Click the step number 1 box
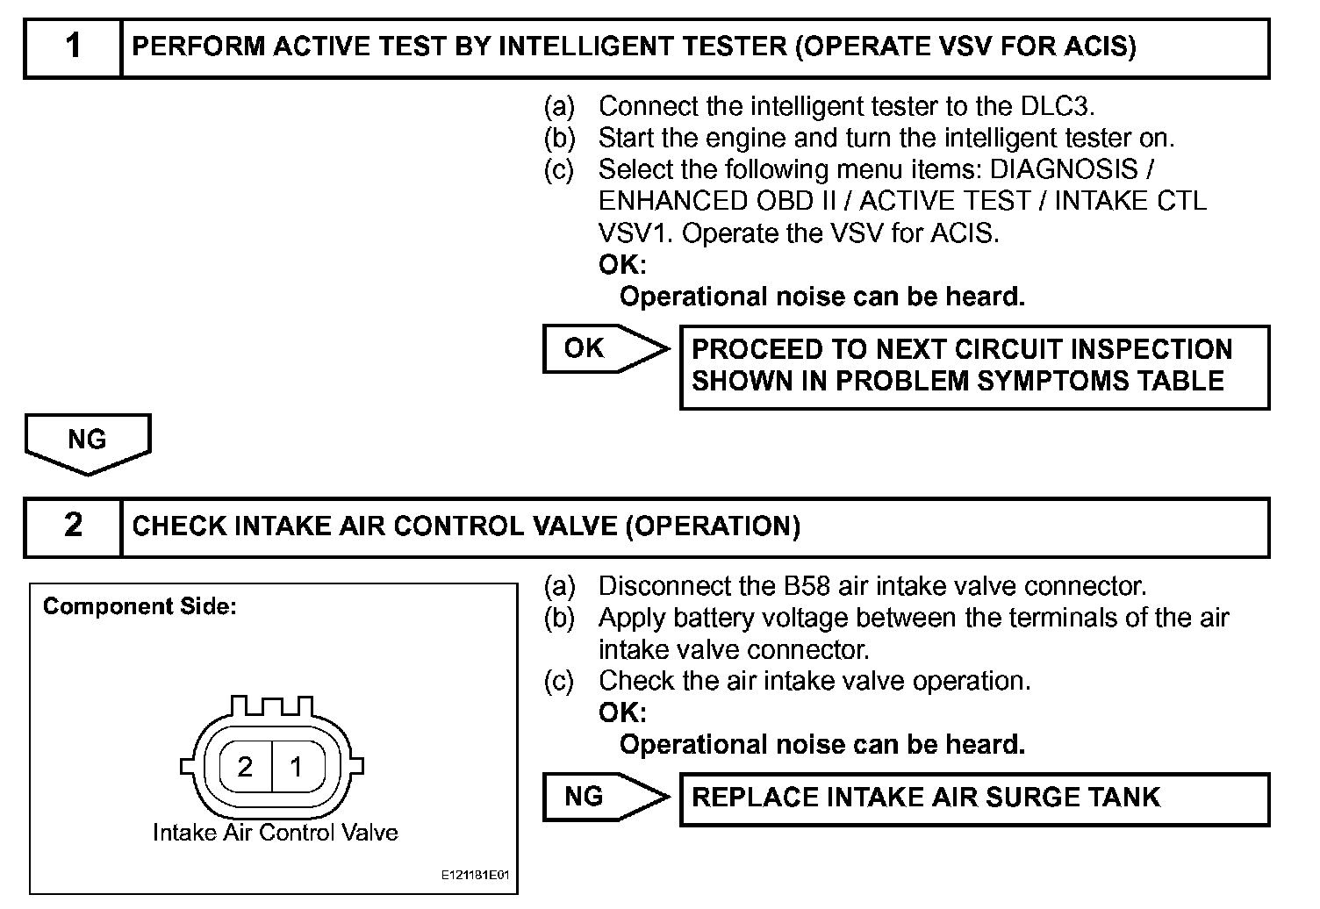point(73,47)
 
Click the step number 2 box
point(73,526)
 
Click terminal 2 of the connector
point(245,767)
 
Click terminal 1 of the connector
point(297,767)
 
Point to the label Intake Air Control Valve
point(275,832)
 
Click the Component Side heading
point(140,606)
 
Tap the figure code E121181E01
point(475,877)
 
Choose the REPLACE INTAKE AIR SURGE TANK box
point(974,798)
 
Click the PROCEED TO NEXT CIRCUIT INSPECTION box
point(974,366)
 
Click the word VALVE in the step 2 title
point(574,526)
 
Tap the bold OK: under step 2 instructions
point(621,712)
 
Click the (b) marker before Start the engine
point(559,138)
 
